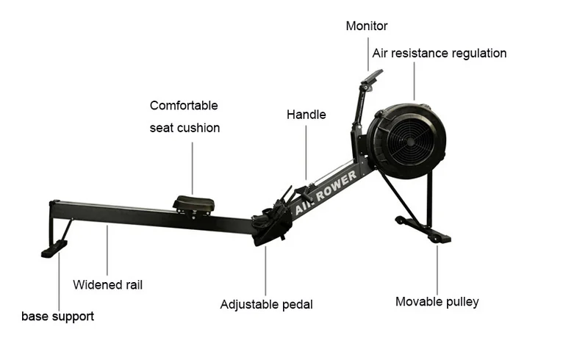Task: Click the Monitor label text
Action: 367,26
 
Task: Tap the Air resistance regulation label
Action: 439,53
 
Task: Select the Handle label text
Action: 306,115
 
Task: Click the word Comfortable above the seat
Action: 184,106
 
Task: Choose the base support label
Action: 57,317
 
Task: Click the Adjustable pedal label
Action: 266,304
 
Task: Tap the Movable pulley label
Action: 437,301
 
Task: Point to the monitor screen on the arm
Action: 373,76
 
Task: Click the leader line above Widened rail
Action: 107,250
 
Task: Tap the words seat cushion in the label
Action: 184,128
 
